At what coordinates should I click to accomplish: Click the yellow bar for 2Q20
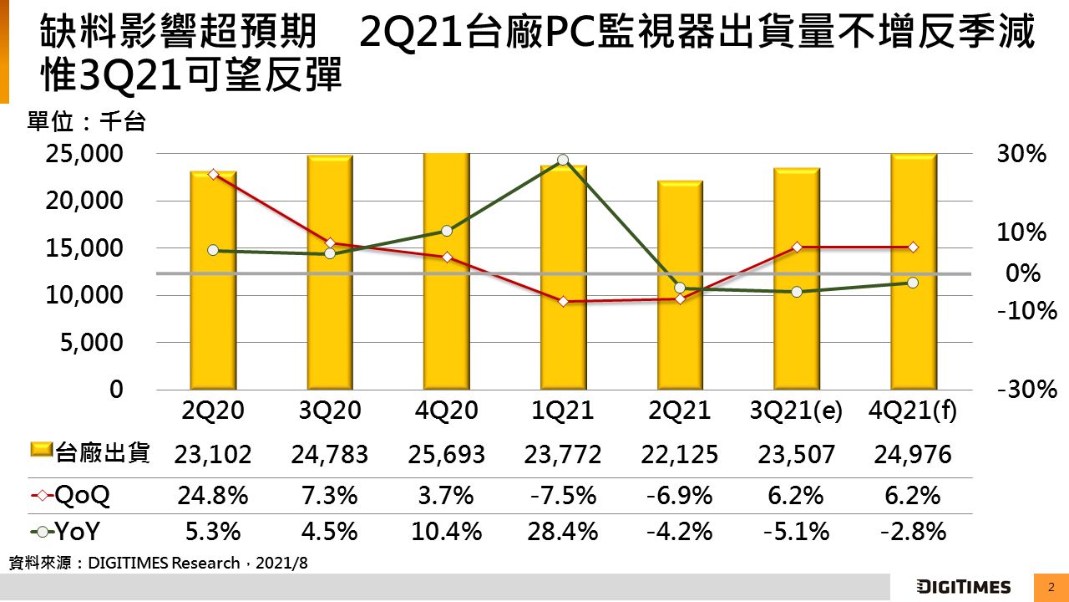pos(213,281)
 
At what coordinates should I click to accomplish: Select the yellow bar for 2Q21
pos(680,285)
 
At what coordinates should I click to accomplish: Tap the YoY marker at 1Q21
pos(563,160)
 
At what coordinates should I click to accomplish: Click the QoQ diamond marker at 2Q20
pos(213,174)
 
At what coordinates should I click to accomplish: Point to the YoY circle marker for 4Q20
pos(446,231)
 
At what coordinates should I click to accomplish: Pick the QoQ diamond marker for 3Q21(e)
pos(797,247)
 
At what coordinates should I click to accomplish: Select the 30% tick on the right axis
pos(1021,154)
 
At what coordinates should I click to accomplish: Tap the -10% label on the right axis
pos(1027,311)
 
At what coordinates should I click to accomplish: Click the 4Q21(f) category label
pos(913,411)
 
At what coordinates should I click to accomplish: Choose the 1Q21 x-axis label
pos(563,411)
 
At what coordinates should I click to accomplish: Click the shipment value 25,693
pos(446,454)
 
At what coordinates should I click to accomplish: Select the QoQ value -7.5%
pos(563,495)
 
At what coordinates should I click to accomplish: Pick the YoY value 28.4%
pos(563,532)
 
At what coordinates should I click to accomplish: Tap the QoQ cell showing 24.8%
pos(213,495)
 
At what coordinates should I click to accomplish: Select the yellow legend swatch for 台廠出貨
pos(42,452)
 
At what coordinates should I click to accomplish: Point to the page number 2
pos(1051,586)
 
